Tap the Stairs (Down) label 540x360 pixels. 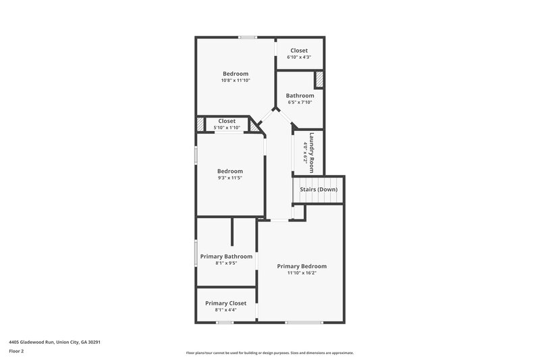[x=319, y=190]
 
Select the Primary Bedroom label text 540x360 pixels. [x=302, y=266]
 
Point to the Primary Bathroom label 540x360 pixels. [x=226, y=257]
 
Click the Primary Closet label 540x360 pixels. [x=226, y=303]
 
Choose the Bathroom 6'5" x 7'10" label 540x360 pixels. [x=300, y=96]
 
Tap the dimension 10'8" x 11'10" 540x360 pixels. [x=236, y=80]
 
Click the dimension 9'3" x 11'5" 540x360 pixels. [x=230, y=178]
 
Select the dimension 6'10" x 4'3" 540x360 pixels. [x=299, y=57]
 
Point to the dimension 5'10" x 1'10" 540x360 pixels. [x=227, y=128]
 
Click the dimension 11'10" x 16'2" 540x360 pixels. [x=302, y=274]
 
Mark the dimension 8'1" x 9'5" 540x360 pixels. [x=226, y=263]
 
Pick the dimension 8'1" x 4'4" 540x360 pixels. [x=226, y=310]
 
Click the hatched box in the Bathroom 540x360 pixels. [x=319, y=79]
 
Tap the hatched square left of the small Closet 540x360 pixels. [x=200, y=124]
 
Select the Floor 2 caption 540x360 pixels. [x=16, y=351]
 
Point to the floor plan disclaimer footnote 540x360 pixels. [x=269, y=353]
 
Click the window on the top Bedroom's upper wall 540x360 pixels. [x=248, y=37]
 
